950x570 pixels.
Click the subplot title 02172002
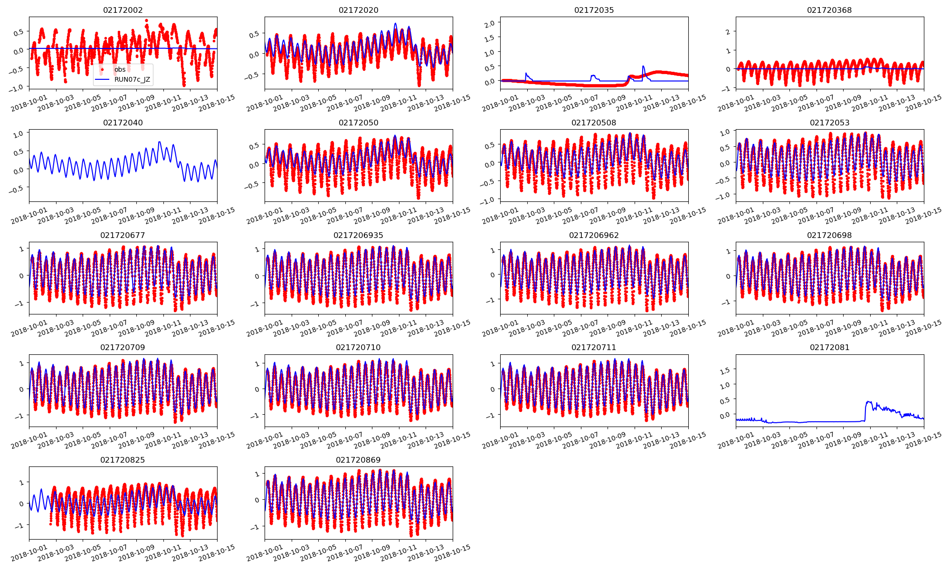click(123, 10)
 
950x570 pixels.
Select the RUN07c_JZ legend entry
click(132, 79)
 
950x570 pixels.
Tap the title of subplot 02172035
click(594, 10)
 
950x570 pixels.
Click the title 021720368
click(829, 10)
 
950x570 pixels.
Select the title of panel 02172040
click(123, 123)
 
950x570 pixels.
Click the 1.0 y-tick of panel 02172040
click(18, 134)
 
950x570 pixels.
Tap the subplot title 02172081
click(829, 347)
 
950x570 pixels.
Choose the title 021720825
click(123, 460)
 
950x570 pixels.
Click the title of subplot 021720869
click(358, 460)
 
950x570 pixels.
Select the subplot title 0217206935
click(358, 235)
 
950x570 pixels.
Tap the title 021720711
click(594, 347)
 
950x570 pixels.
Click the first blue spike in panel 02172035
click(526, 73)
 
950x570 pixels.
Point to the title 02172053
click(829, 123)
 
